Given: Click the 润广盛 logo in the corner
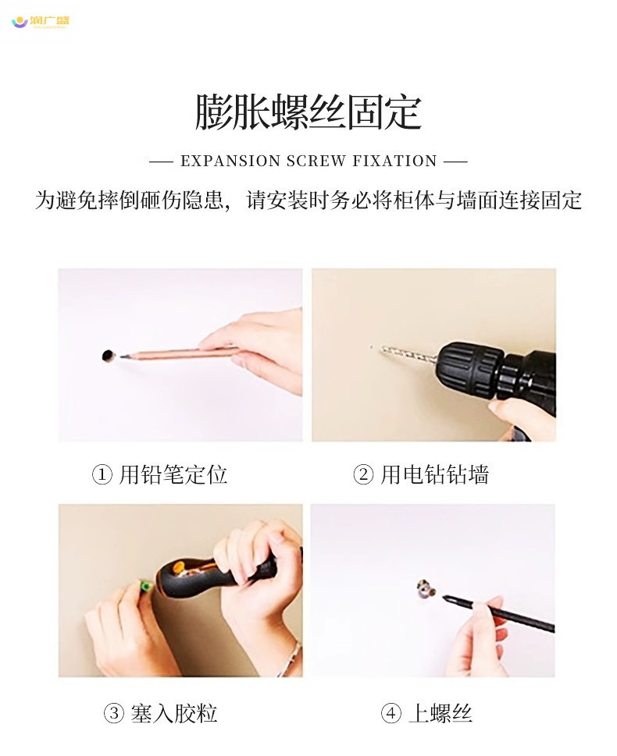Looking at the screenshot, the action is tap(41, 22).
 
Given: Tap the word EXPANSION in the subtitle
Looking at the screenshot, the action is tap(230, 161).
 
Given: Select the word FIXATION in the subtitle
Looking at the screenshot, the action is tap(394, 161).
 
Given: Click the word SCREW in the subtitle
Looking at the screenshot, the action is tap(316, 161).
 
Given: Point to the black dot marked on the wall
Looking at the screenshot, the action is tap(108, 356).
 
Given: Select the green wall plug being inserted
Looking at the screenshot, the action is tap(145, 586).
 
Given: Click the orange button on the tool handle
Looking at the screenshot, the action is tap(179, 567).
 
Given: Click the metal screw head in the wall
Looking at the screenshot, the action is tap(426, 589).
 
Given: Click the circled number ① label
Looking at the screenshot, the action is tap(102, 475).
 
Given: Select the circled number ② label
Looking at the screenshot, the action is tap(363, 475).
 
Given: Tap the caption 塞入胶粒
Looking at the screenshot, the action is tap(174, 713).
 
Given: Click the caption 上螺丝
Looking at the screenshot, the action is tap(440, 713).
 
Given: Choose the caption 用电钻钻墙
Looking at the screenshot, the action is tap(434, 475).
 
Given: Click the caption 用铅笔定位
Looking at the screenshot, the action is tap(173, 475).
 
